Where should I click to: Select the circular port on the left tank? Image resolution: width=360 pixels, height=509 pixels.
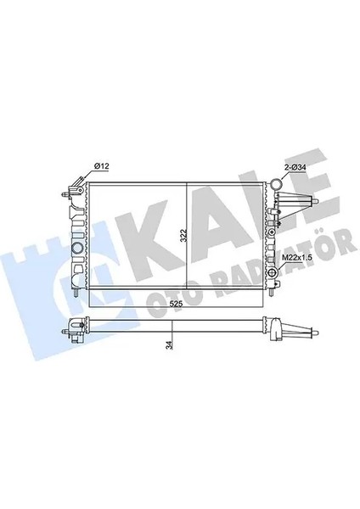click(78, 248)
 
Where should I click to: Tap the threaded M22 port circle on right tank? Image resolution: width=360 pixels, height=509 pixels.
click(273, 271)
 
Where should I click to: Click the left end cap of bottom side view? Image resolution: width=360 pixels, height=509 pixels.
click(76, 326)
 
